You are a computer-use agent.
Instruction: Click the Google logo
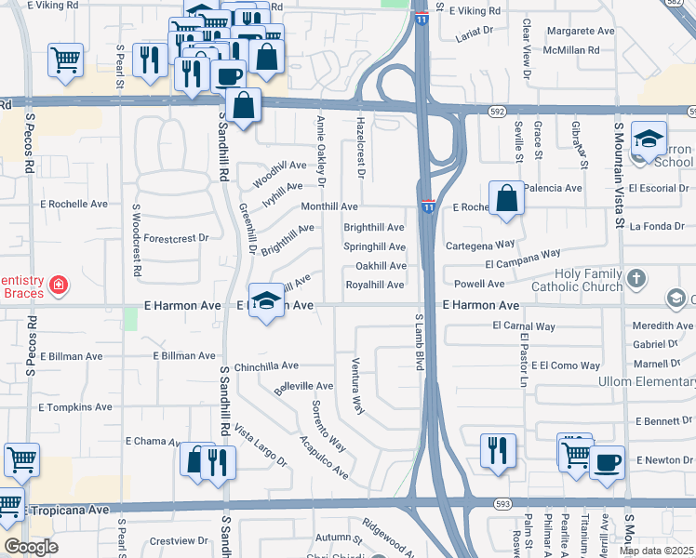coord(31,547)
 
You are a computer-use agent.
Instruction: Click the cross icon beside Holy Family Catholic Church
coord(636,278)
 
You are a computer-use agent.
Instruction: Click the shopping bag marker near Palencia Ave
coord(505,198)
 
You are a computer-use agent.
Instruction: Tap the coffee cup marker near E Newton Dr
coord(607,462)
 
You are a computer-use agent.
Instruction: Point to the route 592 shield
coord(498,112)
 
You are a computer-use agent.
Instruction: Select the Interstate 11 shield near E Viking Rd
coord(422,18)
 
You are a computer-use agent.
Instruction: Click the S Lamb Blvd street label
coord(419,341)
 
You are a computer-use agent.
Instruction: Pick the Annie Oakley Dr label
coord(321,146)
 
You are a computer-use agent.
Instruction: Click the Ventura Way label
coord(356,385)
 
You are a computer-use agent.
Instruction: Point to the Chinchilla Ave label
coord(266,366)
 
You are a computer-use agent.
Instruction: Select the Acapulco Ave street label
coord(323,458)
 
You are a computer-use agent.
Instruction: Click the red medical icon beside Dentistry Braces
coord(58,284)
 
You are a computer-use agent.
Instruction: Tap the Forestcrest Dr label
coord(177,238)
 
